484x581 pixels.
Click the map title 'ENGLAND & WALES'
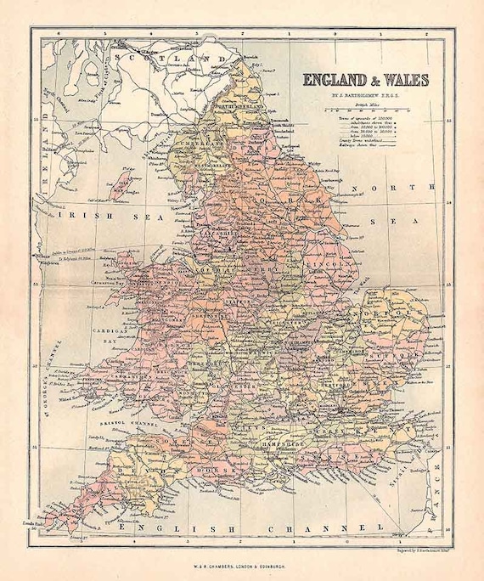coord(366,81)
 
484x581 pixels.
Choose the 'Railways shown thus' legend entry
coord(357,145)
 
